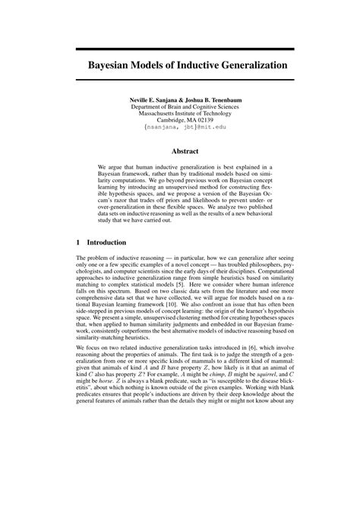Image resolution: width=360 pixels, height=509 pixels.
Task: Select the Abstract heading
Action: pyautogui.click(x=185, y=152)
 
